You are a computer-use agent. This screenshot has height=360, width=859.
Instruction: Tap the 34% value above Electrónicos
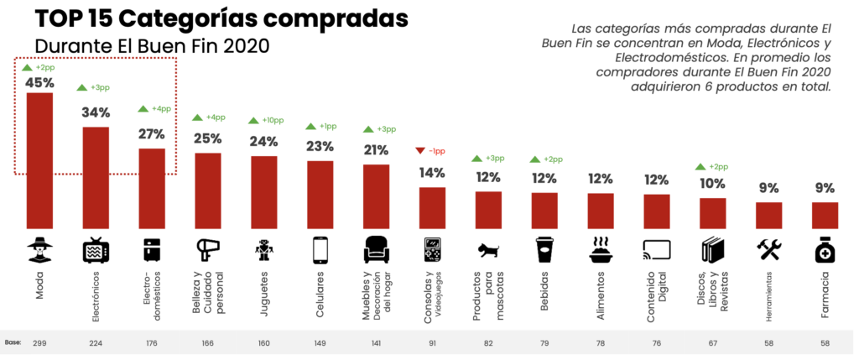coord(96,112)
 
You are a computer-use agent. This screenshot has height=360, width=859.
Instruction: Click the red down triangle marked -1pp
coord(421,151)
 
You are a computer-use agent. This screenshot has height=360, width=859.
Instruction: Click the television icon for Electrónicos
coord(96,250)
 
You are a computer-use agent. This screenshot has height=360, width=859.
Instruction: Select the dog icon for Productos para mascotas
coord(488,250)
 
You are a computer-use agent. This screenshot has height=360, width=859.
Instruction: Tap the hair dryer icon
coord(208,250)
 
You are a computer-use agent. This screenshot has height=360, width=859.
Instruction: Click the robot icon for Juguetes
coord(264,250)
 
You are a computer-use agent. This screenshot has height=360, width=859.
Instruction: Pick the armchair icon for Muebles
coord(376,250)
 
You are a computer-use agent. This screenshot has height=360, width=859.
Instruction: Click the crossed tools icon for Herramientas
coord(768,249)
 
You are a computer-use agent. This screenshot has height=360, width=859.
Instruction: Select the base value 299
coord(39,343)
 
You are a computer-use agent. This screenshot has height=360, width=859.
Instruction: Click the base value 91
coord(432,343)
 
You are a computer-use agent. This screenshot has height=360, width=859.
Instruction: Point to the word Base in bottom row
coord(12,343)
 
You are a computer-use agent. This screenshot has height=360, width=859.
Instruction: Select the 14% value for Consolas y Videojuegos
coord(432,173)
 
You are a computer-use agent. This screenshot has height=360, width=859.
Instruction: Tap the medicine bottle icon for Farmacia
coord(825,250)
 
